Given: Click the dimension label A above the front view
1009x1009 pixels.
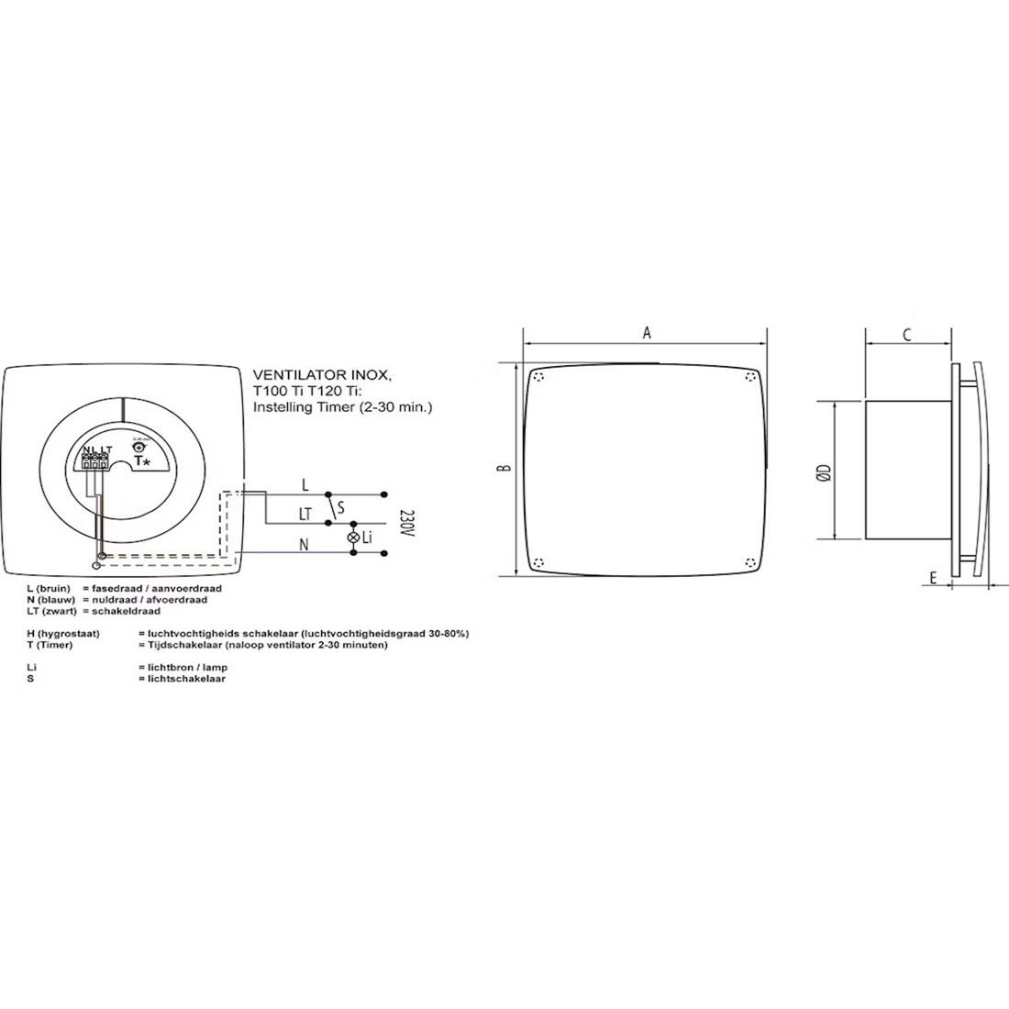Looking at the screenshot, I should point(646,333).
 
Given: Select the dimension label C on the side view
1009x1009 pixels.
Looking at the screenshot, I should point(906,335).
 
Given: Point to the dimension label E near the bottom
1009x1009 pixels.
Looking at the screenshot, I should point(933,578).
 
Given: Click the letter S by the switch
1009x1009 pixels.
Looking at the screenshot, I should point(341,506).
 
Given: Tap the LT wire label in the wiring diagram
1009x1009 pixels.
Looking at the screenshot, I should point(305,516).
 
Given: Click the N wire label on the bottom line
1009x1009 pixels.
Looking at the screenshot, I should point(303,544).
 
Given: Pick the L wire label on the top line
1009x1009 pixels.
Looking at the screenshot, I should point(305,483).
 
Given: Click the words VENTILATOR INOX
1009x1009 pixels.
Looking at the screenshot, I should point(313,375).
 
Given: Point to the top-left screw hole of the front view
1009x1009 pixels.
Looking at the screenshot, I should point(538,375).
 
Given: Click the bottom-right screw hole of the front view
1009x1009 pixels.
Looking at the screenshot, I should point(751,564).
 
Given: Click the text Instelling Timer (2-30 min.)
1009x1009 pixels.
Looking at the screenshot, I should point(342,405).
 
